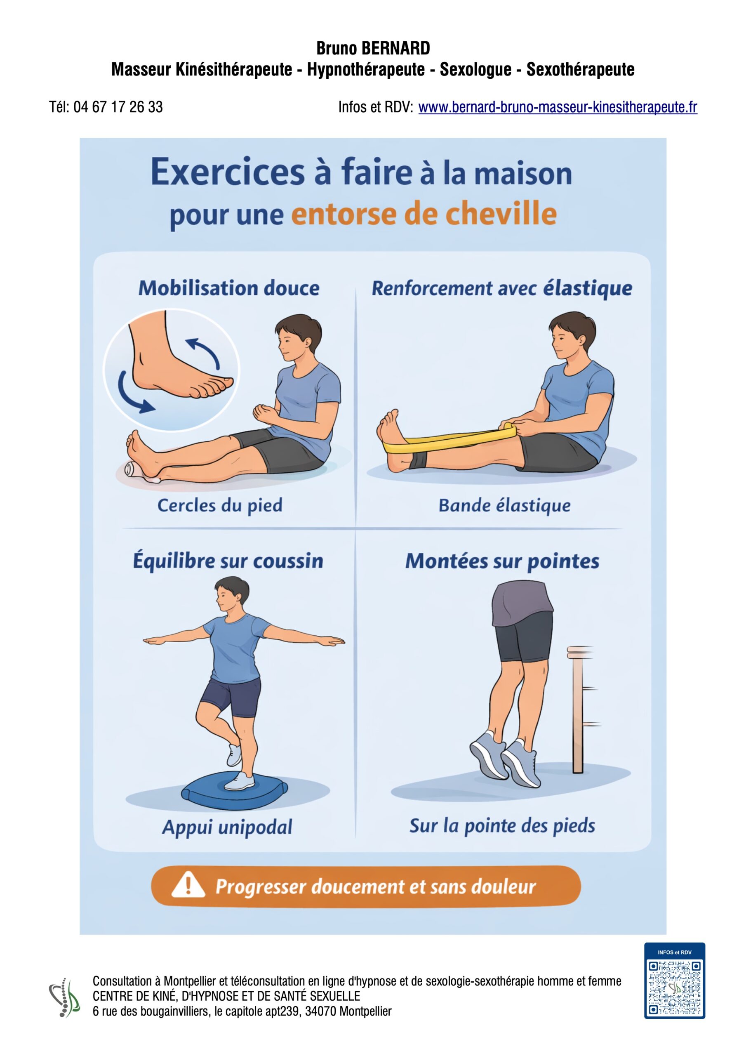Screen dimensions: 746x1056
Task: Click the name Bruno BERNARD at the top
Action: (x=373, y=48)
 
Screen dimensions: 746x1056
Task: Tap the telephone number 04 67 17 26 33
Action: (x=118, y=107)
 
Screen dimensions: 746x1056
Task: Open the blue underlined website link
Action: (x=558, y=107)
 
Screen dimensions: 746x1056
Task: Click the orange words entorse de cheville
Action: (x=424, y=214)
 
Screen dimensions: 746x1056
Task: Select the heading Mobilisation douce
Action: (x=229, y=288)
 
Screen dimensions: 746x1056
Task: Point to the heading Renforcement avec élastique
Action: (x=502, y=288)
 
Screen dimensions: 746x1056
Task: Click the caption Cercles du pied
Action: (x=220, y=505)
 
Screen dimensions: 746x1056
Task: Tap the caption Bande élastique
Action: (x=504, y=505)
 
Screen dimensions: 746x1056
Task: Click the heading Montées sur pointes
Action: (x=502, y=561)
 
